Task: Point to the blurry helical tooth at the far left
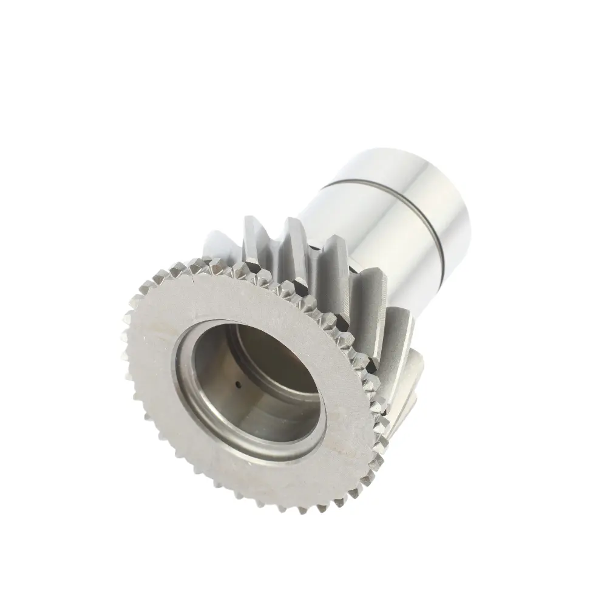pyautogui.click(x=212, y=243)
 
